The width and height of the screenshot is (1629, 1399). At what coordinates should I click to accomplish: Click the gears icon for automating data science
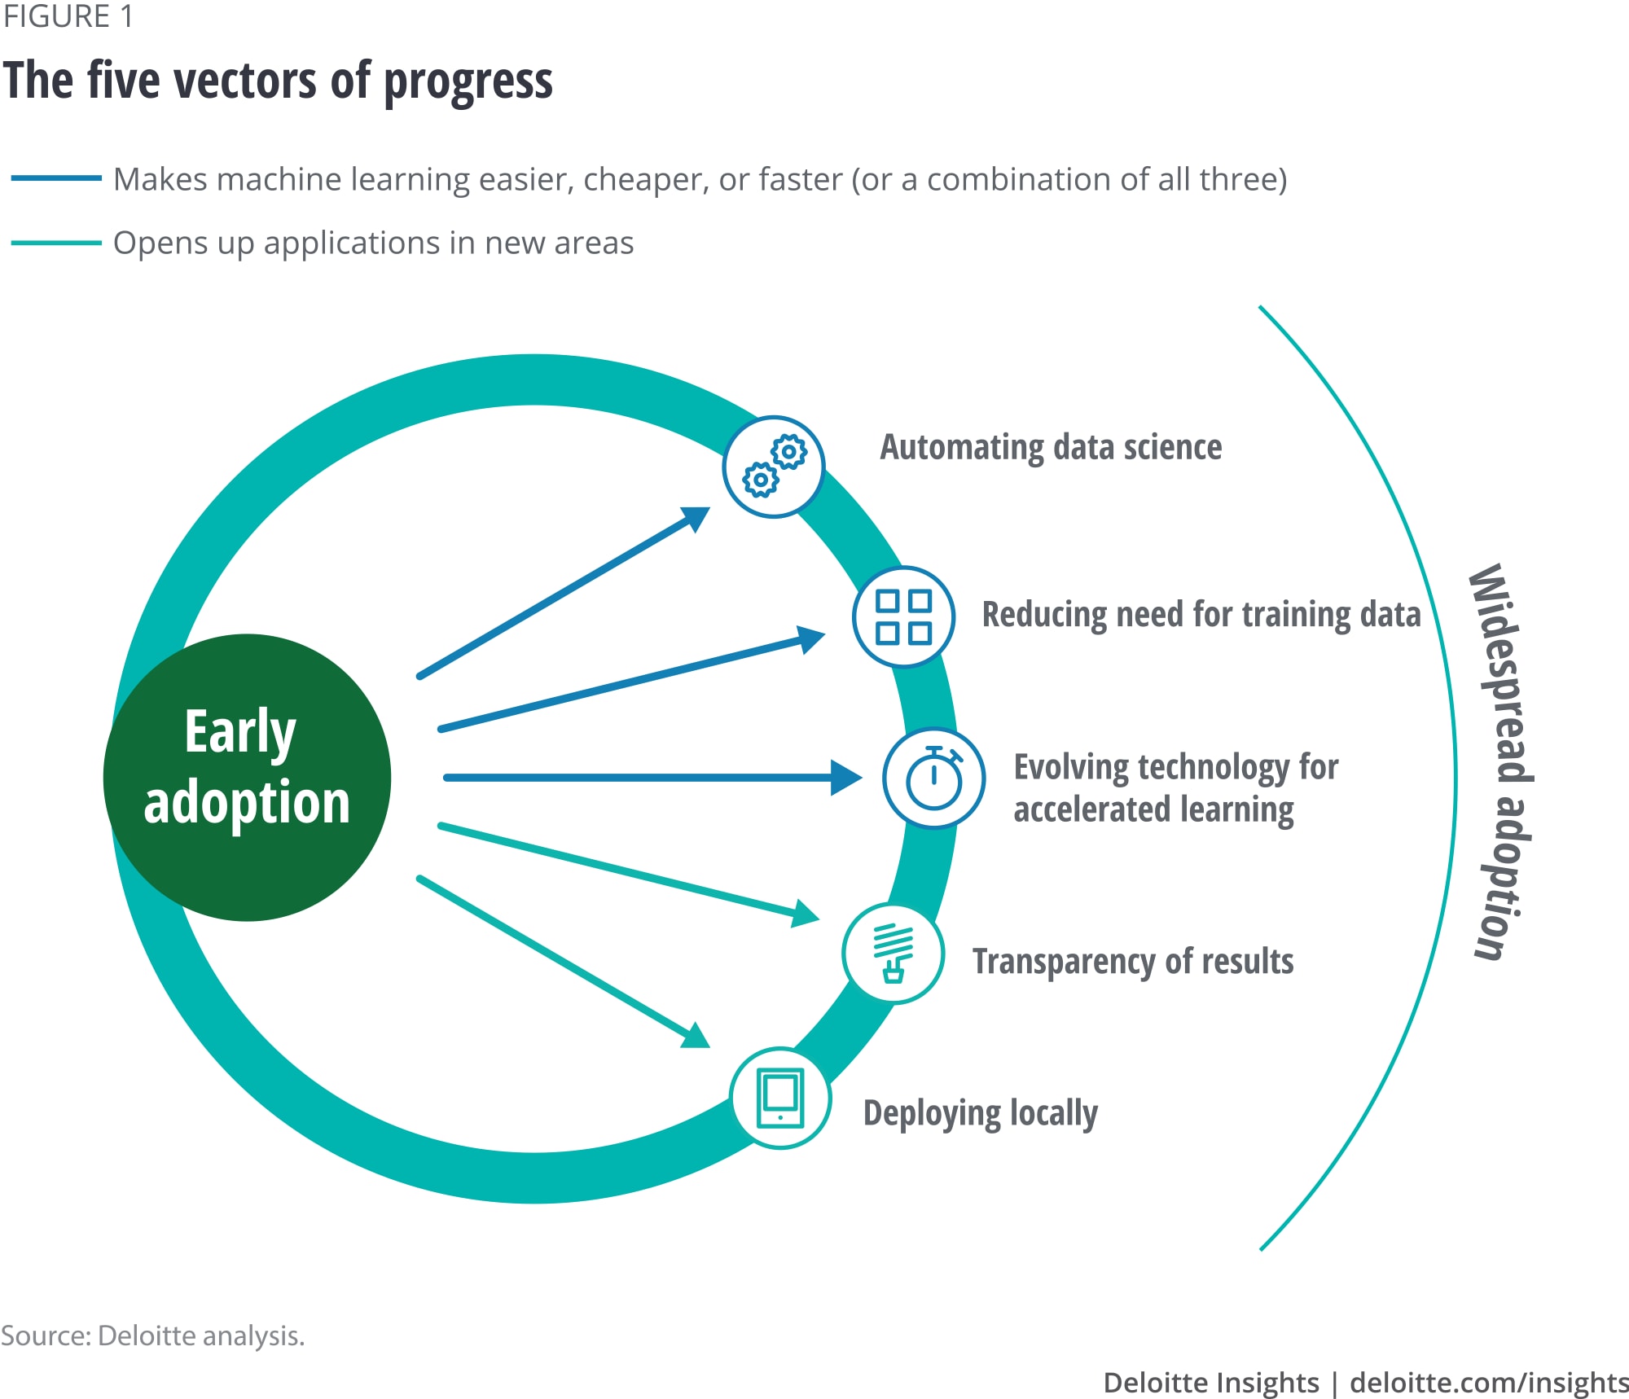774,467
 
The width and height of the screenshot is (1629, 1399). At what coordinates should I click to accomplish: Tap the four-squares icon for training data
903,616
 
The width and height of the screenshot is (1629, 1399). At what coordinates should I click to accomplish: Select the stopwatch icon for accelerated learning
934,778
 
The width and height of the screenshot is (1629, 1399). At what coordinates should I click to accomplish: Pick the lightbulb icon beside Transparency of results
894,954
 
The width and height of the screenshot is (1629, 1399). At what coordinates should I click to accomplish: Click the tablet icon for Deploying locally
780,1098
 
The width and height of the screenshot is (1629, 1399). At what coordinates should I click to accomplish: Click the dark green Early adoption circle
248,778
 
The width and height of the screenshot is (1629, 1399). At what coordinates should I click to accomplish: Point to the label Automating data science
1051,448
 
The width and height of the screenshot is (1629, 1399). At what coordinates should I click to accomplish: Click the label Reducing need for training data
1201,615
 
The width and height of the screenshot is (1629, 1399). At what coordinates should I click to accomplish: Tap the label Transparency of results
1133,962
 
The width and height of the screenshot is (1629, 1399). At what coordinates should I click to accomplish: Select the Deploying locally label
981,1114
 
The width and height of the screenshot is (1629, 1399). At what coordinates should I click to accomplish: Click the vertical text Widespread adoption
1500,761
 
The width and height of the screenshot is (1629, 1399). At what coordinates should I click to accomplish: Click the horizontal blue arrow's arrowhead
847,778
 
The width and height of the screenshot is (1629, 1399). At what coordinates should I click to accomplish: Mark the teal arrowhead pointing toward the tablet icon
696,1037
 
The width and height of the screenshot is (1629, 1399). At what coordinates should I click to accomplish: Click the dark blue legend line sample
56,178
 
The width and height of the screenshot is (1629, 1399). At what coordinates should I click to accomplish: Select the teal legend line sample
56,243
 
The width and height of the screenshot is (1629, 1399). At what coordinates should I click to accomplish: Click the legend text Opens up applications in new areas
373,243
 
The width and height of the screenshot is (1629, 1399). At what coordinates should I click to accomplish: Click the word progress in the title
468,82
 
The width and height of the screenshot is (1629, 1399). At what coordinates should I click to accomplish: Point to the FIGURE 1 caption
68,16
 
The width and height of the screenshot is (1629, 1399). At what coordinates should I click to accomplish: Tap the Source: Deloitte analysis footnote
152,1336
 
